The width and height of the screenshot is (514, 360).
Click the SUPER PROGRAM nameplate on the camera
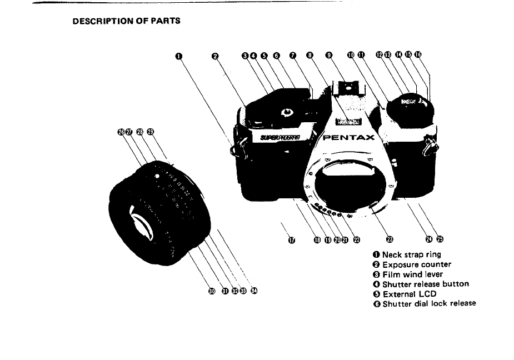(280, 137)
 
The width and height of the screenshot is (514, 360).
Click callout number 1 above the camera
(178, 55)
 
